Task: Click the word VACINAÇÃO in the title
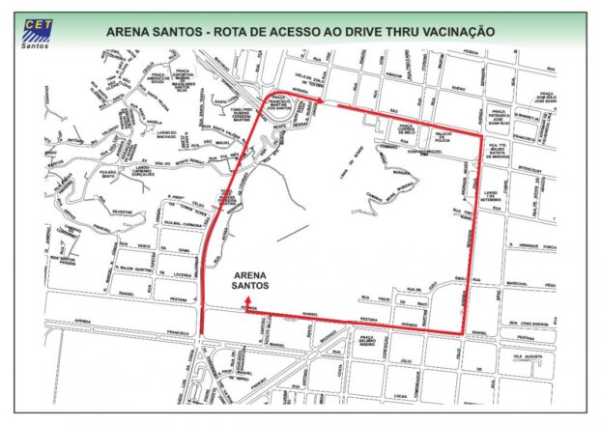pyautogui.click(x=457, y=31)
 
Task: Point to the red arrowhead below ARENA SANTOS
pyautogui.click(x=248, y=301)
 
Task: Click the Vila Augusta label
pyautogui.click(x=530, y=356)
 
